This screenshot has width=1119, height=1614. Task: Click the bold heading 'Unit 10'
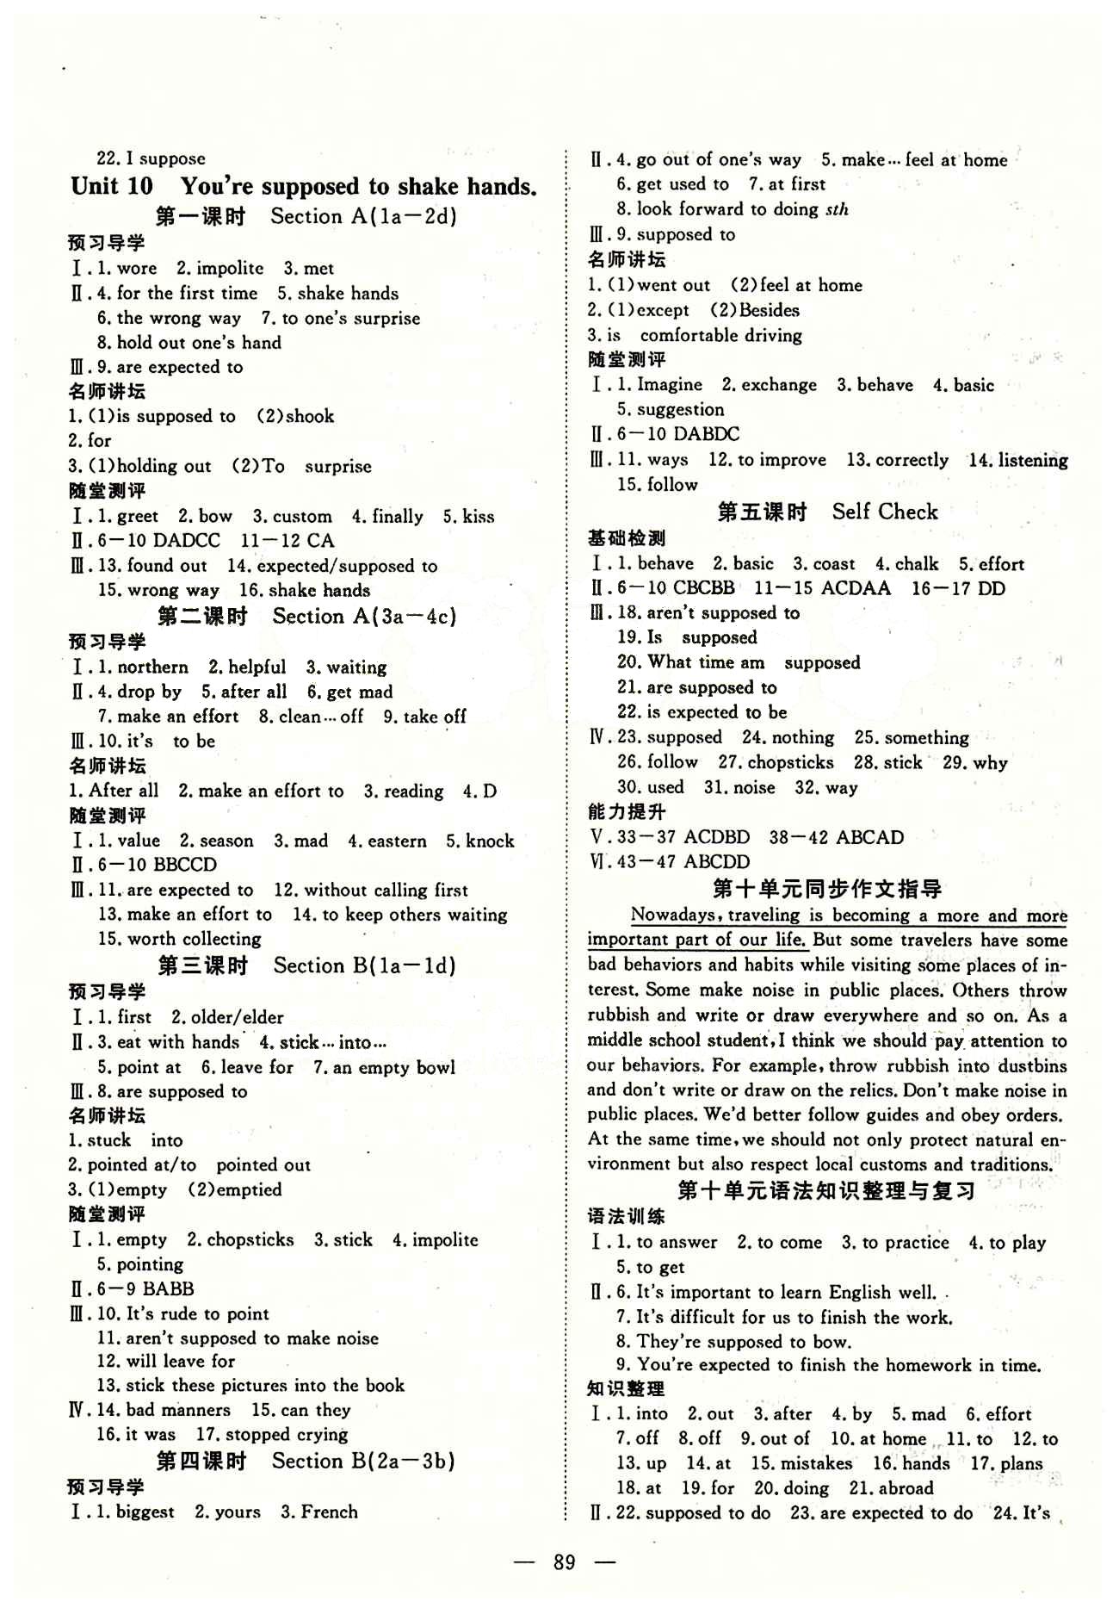pyautogui.click(x=112, y=186)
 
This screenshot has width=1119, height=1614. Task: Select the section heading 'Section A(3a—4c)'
pyautogui.click(x=364, y=616)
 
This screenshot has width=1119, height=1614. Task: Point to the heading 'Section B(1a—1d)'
pyautogui.click(x=364, y=965)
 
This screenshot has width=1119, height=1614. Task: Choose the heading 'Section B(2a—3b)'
pyautogui.click(x=363, y=1461)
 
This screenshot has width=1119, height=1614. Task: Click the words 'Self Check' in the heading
pyautogui.click(x=885, y=512)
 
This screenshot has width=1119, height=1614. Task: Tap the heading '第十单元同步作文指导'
pyautogui.click(x=827, y=888)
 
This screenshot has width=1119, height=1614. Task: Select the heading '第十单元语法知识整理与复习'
pyautogui.click(x=827, y=1191)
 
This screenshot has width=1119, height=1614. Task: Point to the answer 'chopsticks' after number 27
pyautogui.click(x=791, y=762)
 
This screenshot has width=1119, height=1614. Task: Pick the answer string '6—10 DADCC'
pyautogui.click(x=159, y=541)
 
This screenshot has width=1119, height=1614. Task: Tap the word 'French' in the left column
pyautogui.click(x=328, y=1512)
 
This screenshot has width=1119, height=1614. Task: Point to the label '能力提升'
pyautogui.click(x=627, y=811)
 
